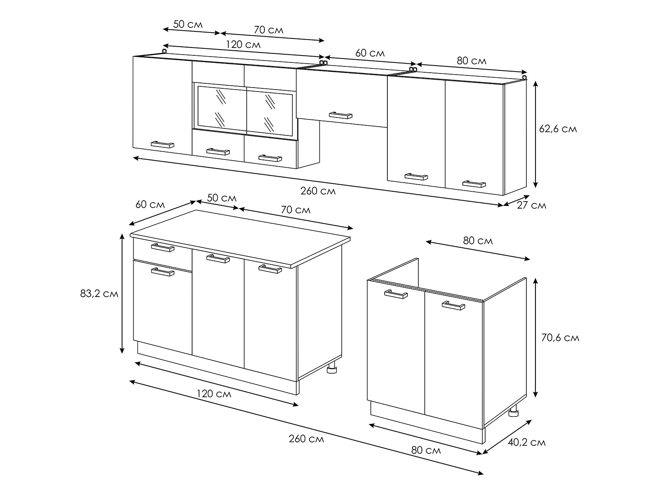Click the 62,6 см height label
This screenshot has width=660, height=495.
(x=558, y=129)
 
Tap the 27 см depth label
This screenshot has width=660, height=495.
(x=531, y=205)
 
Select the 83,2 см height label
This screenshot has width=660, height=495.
(x=99, y=293)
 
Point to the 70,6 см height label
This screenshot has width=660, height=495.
(x=560, y=338)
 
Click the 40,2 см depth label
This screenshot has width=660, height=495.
(x=526, y=442)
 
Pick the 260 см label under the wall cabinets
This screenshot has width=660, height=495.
(x=318, y=191)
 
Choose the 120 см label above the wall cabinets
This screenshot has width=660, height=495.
(x=243, y=44)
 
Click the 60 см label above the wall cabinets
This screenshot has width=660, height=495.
(x=370, y=53)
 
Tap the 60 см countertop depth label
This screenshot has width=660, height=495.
(x=150, y=204)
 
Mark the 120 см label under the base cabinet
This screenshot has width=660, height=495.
(x=214, y=393)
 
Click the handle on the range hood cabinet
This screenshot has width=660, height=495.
(x=341, y=115)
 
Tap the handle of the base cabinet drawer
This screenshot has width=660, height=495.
(x=163, y=247)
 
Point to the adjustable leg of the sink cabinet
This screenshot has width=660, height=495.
(x=513, y=411)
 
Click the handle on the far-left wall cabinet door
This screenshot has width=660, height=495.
(x=162, y=145)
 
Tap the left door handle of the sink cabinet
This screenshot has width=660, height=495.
(x=396, y=294)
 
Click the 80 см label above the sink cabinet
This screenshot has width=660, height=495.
(x=478, y=241)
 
